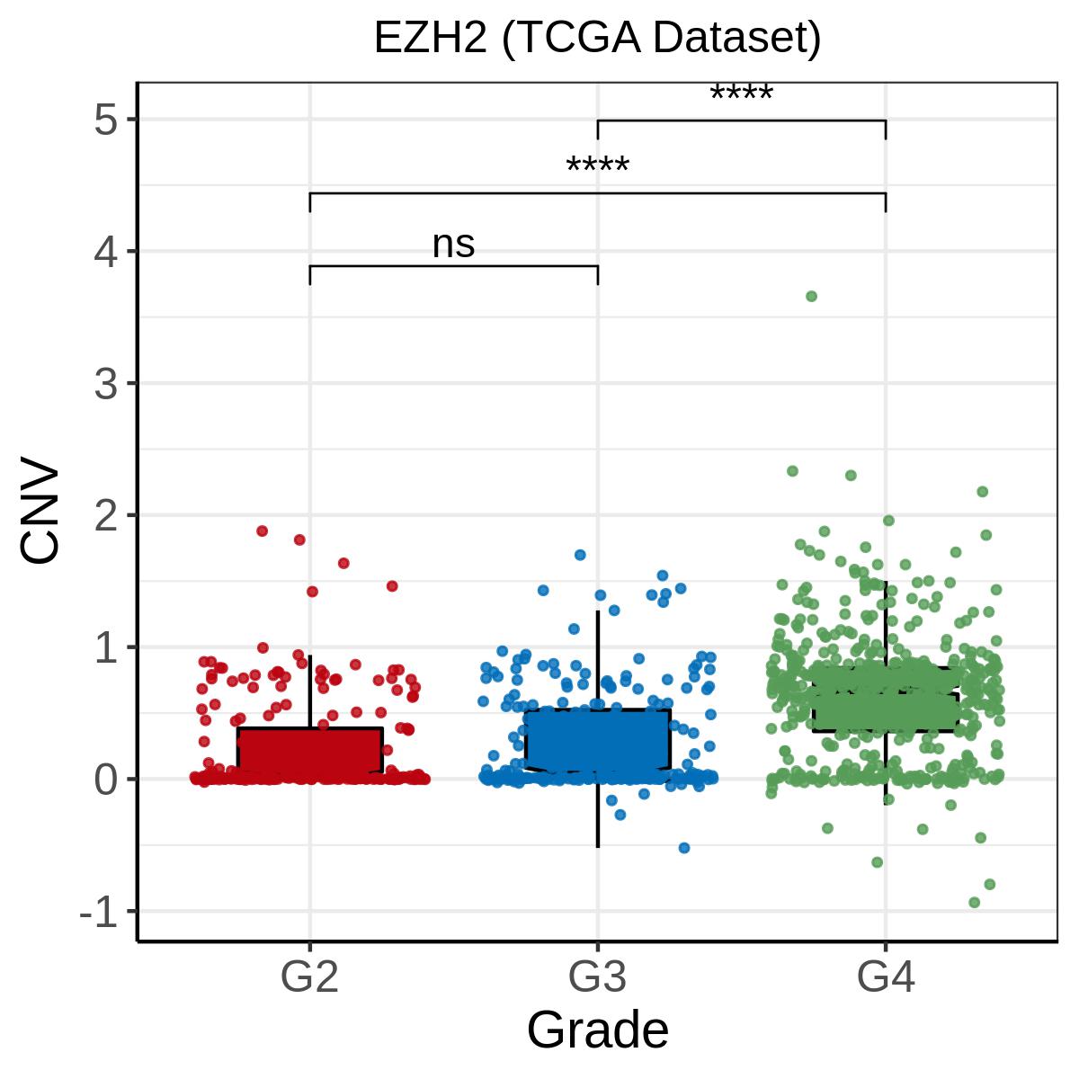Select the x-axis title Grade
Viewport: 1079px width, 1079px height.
pyautogui.click(x=597, y=1029)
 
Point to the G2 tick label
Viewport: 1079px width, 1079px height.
pyautogui.click(x=309, y=976)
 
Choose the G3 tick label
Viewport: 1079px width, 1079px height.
pyautogui.click(x=597, y=976)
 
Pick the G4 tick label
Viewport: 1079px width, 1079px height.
pyautogui.click(x=886, y=976)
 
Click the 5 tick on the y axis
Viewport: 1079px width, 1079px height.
pyautogui.click(x=105, y=120)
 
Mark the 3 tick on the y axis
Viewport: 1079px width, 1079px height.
pyautogui.click(x=105, y=383)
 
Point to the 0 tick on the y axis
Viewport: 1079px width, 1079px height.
pyautogui.click(x=105, y=779)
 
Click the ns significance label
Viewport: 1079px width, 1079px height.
pyautogui.click(x=453, y=245)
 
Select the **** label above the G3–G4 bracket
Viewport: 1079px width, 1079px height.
pyautogui.click(x=741, y=94)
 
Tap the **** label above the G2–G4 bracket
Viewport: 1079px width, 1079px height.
pyautogui.click(x=597, y=167)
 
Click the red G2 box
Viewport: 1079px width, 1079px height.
pyautogui.click(x=309, y=750)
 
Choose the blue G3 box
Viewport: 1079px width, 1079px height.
pyautogui.click(x=597, y=739)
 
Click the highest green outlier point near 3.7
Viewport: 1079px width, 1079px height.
pyautogui.click(x=811, y=296)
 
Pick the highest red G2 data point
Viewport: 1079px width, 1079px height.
pyautogui.click(x=262, y=531)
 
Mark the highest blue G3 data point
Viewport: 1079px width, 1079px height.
pyautogui.click(x=580, y=555)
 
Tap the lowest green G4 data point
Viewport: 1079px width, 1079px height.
pyautogui.click(x=974, y=902)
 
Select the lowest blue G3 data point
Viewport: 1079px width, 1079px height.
pyautogui.click(x=683, y=848)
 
